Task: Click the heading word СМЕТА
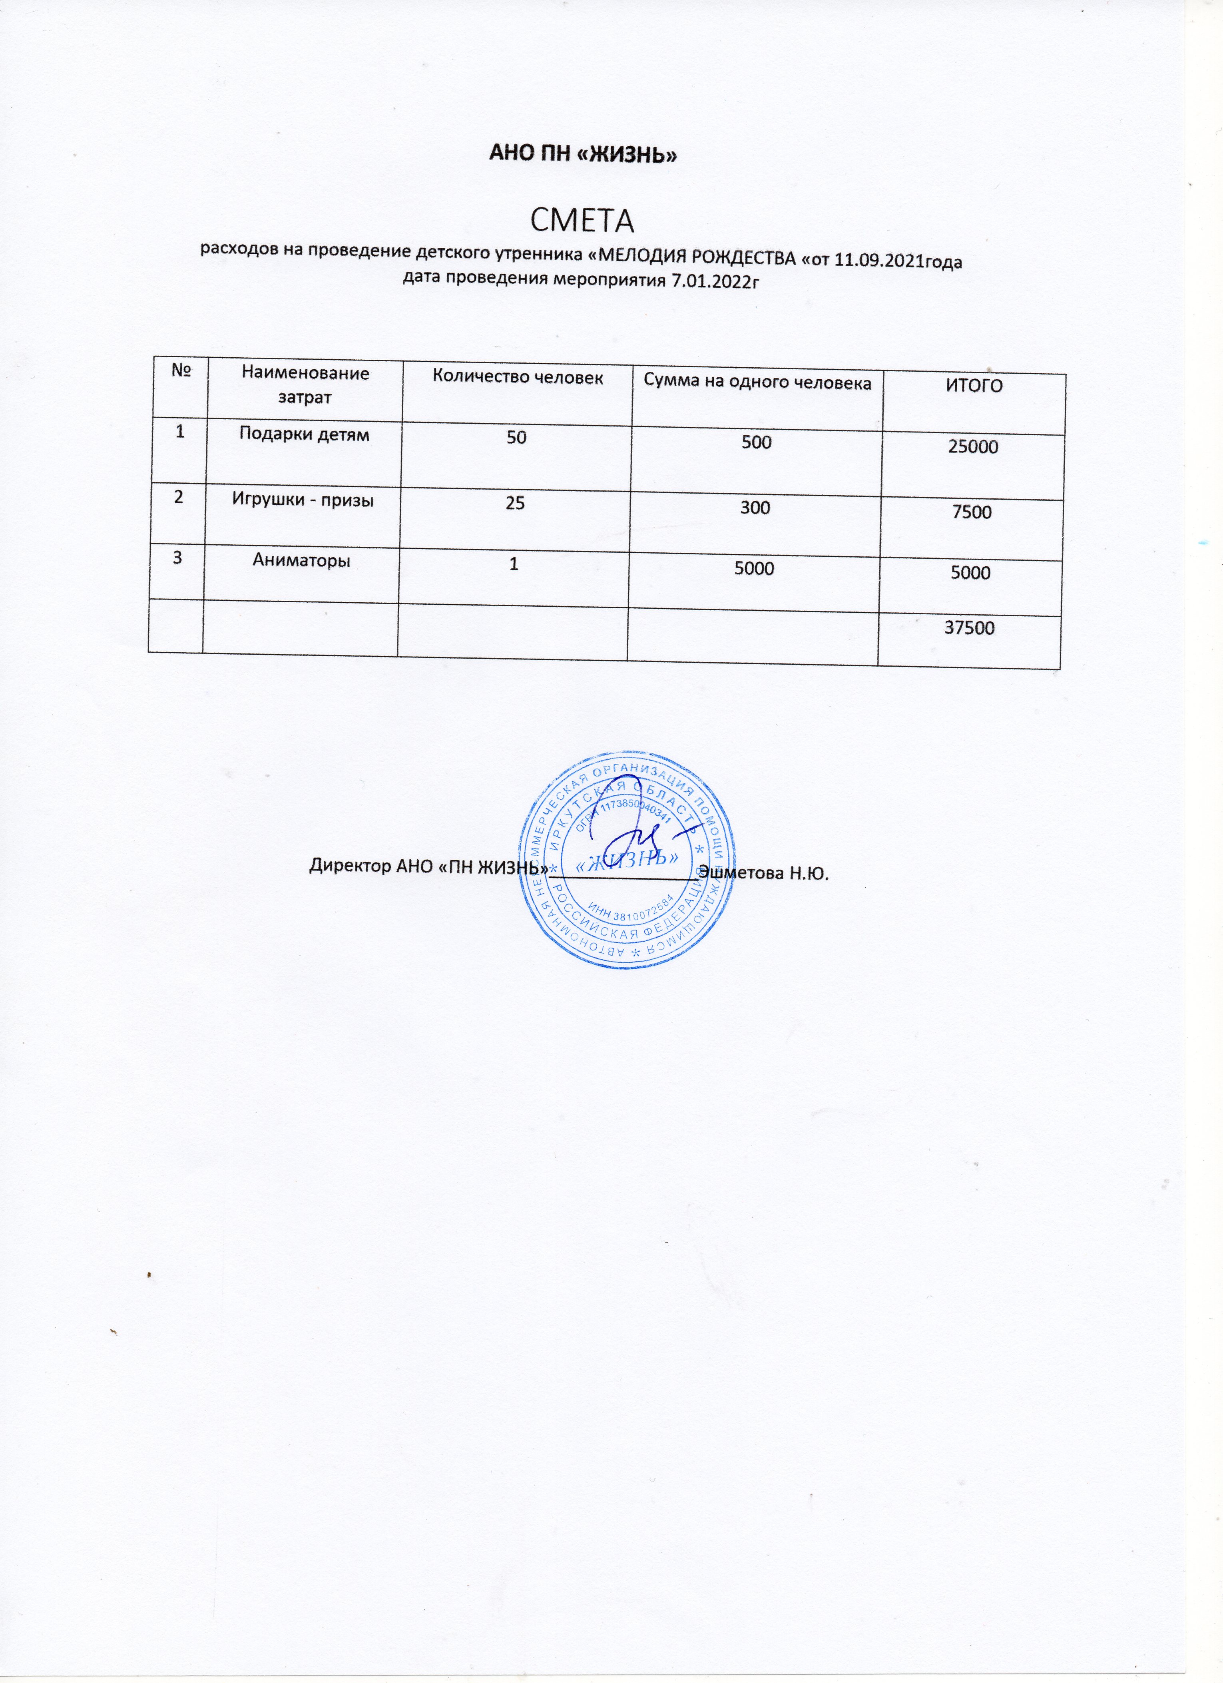(x=583, y=220)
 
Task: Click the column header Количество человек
(x=517, y=378)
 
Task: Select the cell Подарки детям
(x=304, y=435)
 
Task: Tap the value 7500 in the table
(x=972, y=511)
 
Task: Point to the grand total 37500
(x=969, y=628)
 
